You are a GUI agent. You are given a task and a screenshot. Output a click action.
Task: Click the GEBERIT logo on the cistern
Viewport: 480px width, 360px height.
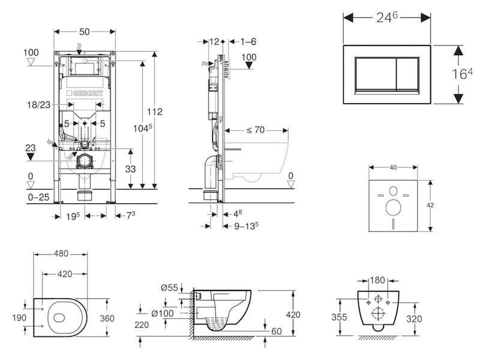85,93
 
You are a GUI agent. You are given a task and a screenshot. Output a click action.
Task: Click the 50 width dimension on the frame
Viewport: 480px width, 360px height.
85,32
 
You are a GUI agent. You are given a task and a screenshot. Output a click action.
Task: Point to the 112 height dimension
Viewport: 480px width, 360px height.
155,112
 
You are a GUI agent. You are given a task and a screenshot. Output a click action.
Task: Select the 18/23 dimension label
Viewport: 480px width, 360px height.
38,104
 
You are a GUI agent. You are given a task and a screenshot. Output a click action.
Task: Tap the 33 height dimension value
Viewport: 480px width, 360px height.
130,169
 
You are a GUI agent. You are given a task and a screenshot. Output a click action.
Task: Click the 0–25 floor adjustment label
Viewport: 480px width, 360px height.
38,197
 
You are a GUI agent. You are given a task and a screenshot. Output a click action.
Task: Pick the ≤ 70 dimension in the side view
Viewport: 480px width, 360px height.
256,130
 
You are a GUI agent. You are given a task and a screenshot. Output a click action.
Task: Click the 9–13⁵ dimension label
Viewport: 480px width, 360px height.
247,226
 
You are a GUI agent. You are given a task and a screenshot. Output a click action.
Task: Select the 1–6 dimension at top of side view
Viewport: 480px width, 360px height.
248,41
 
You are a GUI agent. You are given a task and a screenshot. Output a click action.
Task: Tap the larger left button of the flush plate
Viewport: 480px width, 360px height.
376,74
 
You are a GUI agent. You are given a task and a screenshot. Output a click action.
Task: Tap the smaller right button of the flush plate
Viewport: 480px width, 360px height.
407,74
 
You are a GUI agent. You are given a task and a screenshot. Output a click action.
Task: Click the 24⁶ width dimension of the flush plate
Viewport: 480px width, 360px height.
387,17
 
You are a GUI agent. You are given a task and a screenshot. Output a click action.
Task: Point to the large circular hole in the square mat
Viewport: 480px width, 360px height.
394,208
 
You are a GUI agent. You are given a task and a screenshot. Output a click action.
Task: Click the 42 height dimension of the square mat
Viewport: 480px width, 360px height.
430,205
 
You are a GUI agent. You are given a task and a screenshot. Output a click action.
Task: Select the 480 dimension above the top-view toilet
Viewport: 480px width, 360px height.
61,253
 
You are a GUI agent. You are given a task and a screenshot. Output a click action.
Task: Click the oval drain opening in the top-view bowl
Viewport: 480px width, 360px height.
59,318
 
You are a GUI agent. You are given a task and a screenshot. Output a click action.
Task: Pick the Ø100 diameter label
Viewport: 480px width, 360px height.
163,313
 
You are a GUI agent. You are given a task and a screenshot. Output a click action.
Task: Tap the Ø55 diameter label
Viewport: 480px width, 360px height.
170,287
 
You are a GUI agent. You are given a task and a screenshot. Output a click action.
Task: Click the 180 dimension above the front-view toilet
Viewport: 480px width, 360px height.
377,280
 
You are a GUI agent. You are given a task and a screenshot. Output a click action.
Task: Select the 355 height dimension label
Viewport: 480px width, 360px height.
339,317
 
